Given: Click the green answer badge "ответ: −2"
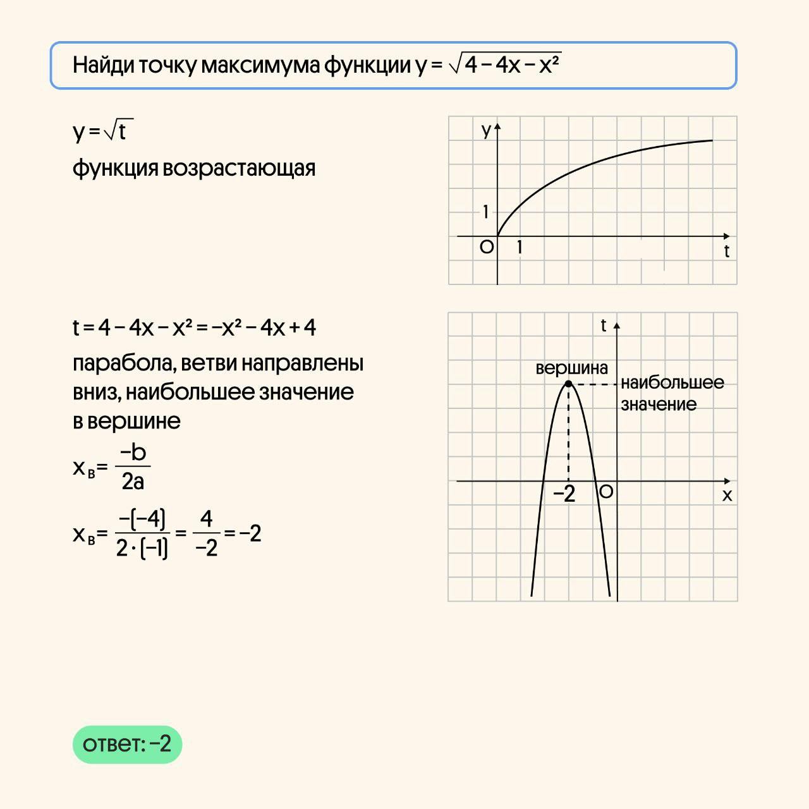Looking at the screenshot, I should (127, 744).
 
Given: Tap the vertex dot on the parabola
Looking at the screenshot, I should (568, 384).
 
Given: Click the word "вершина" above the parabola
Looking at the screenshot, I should (571, 368).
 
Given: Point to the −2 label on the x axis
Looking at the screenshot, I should (564, 494).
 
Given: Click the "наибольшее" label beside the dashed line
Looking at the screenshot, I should (672, 382).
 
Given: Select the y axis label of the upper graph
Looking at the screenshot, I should (486, 130).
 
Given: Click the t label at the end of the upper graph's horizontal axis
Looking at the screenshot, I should (726, 252).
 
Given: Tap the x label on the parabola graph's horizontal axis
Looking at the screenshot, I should (727, 495).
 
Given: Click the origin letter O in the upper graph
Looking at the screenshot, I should (486, 247).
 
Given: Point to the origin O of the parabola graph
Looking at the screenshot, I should (605, 492).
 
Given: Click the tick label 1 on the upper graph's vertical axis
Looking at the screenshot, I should (485, 212).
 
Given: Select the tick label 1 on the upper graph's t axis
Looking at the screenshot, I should (520, 247).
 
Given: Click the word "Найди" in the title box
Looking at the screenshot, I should (102, 65).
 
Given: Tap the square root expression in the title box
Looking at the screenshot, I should (504, 64).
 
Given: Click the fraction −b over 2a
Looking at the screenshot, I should (133, 467).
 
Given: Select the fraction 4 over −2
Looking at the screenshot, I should (206, 534).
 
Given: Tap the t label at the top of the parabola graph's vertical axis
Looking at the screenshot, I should (603, 325).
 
